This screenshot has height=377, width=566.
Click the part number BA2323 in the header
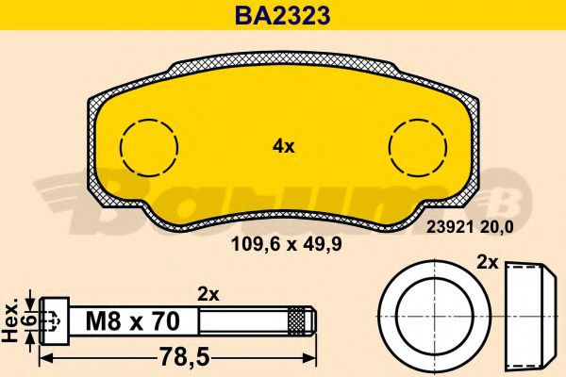pyautogui.click(x=283, y=15)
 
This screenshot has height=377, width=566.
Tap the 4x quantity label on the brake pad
pyautogui.click(x=284, y=147)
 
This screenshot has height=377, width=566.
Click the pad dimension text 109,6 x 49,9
pyautogui.click(x=286, y=245)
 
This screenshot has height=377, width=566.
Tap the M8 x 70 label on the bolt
pyautogui.click(x=133, y=321)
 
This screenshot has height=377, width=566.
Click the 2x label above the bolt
pyautogui.click(x=208, y=295)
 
